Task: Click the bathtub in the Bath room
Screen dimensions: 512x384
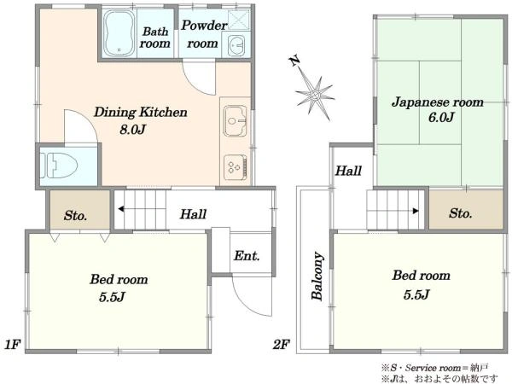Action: (x=119, y=33)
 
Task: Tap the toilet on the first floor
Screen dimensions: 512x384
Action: (x=59, y=166)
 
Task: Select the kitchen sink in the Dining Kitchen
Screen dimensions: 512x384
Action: (x=236, y=121)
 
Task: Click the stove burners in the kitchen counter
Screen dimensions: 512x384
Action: (x=236, y=168)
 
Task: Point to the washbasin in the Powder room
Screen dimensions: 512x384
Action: (x=236, y=44)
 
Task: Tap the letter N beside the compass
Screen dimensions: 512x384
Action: (x=294, y=61)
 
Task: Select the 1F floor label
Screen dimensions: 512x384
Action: (x=13, y=344)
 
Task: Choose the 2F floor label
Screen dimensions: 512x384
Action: (x=281, y=344)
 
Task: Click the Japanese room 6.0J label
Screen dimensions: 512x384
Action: (x=438, y=109)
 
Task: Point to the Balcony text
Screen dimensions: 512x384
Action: (x=317, y=276)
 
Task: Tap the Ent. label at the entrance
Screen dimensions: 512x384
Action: (x=247, y=256)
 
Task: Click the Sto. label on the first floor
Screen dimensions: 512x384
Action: (x=75, y=216)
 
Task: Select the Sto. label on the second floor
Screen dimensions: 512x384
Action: (x=461, y=213)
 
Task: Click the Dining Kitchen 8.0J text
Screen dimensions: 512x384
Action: (x=141, y=121)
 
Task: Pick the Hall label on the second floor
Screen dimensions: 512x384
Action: (x=348, y=171)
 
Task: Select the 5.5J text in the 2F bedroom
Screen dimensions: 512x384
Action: (x=416, y=294)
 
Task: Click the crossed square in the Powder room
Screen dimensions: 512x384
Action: (x=239, y=20)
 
